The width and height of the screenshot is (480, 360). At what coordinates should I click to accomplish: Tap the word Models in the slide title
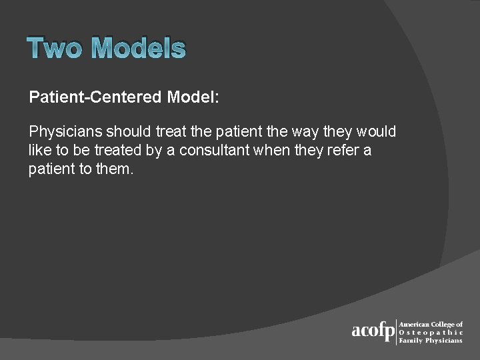point(138,49)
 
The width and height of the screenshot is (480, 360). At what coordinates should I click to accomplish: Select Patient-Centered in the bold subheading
point(95,97)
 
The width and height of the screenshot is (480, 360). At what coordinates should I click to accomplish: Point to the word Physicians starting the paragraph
point(65,131)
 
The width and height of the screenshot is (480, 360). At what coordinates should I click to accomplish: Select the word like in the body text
point(39,150)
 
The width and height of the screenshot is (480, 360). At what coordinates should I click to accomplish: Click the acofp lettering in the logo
point(373,331)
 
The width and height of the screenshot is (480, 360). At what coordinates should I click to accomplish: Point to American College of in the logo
point(431,324)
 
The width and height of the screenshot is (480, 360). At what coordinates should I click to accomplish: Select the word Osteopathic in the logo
point(431,332)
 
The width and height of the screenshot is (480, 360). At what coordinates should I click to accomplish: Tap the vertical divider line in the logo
point(397,331)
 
